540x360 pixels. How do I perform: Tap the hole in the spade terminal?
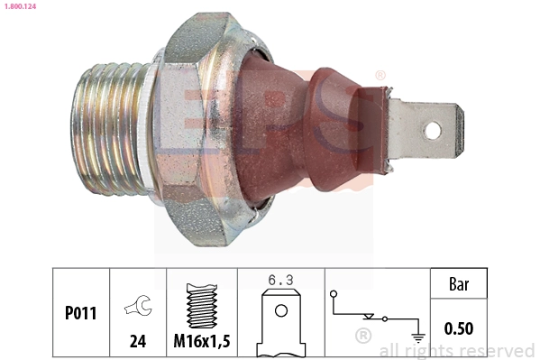[433, 131]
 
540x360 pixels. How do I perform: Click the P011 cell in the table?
[81, 314]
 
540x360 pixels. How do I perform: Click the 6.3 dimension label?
[279, 282]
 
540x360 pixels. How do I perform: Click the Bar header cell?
[458, 285]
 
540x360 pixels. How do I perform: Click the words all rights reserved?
[456, 350]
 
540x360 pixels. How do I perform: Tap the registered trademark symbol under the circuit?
[363, 337]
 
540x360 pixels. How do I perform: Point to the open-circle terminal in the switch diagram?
[334, 294]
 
